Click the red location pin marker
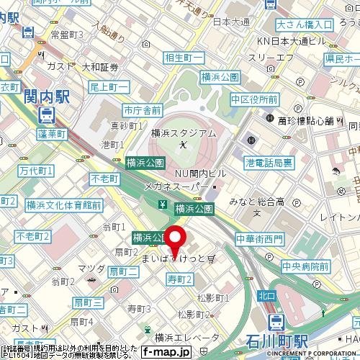(x=176, y=237)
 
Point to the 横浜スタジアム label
(x=184, y=133)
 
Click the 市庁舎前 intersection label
(x=142, y=110)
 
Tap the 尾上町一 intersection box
(x=109, y=86)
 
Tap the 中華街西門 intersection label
(x=264, y=238)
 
